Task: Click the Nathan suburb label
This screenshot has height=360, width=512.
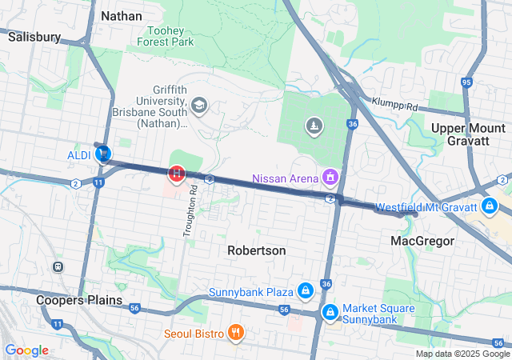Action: pos(122,16)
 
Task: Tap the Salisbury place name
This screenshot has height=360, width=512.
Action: pos(34,37)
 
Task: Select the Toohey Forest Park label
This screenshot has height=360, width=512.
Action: pos(166,34)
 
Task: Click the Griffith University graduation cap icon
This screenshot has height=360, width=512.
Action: pos(198,105)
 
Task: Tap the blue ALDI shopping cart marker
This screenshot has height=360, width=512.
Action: pos(103,154)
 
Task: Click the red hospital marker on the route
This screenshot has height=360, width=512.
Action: pos(176,173)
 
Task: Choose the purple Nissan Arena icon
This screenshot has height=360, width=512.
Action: pos(330,176)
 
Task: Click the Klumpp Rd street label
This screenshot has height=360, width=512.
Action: pos(395,104)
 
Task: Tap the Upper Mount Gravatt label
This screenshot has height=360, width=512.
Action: pos(470,134)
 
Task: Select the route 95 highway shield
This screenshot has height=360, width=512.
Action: pos(466,82)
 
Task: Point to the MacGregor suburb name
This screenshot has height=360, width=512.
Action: pos(422,241)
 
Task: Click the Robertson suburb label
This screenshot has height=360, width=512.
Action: pos(256,250)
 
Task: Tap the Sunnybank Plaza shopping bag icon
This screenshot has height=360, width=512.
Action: pos(305,290)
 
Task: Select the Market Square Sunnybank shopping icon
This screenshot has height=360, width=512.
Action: pos(330,311)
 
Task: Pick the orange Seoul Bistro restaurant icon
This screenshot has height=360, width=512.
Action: pos(235,332)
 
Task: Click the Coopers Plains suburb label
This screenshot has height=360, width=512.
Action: pos(79,300)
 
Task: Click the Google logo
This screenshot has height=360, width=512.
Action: pos(26,350)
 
